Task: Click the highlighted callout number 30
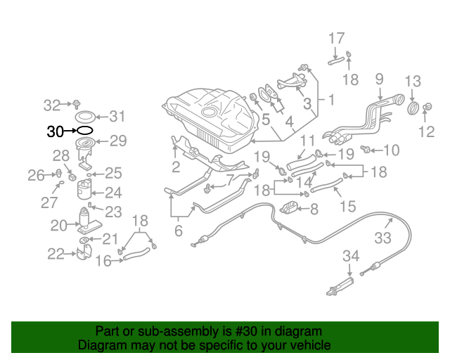[56, 131]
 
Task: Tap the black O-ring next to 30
[84, 130]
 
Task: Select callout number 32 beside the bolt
[52, 105]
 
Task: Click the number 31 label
[117, 117]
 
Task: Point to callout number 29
[117, 141]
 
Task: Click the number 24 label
[113, 192]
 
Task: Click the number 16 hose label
[103, 261]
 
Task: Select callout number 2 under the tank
[176, 167]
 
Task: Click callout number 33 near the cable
[382, 238]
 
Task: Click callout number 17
[337, 38]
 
